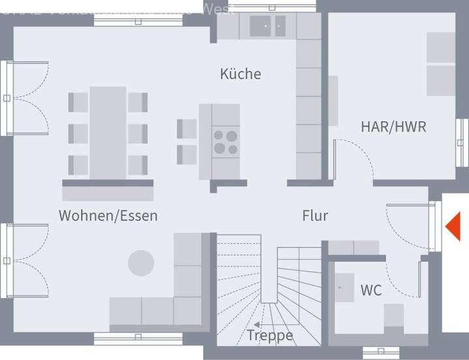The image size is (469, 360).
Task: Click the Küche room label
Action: tap(240, 74)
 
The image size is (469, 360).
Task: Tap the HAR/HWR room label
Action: tap(393, 126)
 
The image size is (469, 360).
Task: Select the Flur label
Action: tap(315, 215)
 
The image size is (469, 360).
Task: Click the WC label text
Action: tap(371, 290)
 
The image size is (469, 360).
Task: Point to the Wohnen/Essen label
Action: tap(108, 215)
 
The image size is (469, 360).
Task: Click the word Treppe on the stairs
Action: tap(270, 336)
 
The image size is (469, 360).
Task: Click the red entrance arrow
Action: tap(453, 227)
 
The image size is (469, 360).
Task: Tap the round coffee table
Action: tap(141, 263)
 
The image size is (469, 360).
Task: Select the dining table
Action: tap(108, 133)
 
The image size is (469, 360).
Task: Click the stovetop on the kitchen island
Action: tap(226, 142)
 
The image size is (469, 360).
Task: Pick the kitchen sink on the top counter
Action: tap(268, 26)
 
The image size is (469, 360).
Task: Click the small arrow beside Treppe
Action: tap(257, 324)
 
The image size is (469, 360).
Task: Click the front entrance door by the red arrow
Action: tap(431, 227)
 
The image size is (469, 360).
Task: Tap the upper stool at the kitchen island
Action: tap(187, 128)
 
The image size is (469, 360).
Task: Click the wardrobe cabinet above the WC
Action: tap(353, 247)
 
